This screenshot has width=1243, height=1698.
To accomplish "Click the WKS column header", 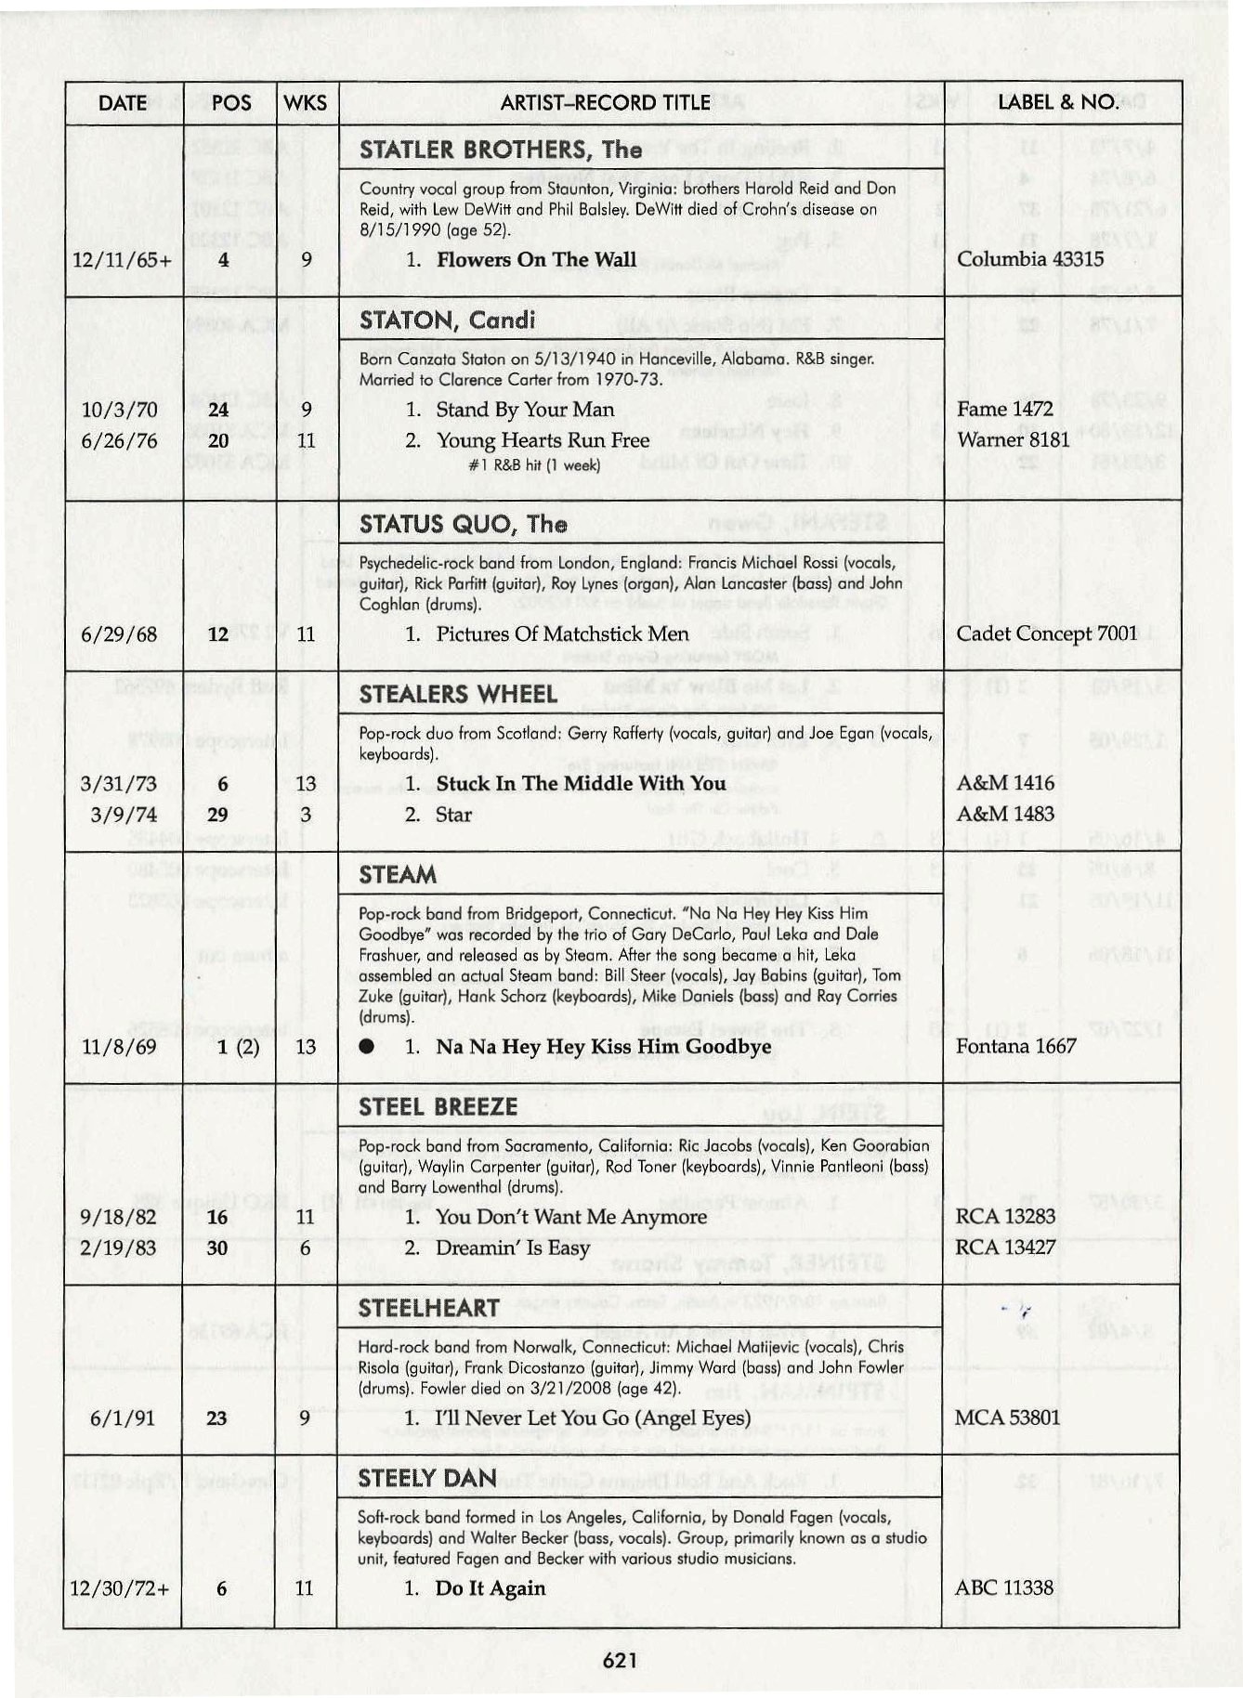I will pyautogui.click(x=306, y=103).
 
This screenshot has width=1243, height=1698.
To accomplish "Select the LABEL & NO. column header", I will pyautogui.click(x=1057, y=102).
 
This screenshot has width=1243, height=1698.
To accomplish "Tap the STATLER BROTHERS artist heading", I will pyautogui.click(x=500, y=150).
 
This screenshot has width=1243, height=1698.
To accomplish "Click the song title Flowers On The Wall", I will pyautogui.click(x=536, y=260).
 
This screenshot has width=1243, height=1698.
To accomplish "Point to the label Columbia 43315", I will pyautogui.click(x=1030, y=259).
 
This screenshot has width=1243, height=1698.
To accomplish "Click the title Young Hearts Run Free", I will pyautogui.click(x=543, y=440).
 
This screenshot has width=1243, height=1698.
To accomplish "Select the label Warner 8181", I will pyautogui.click(x=1014, y=439).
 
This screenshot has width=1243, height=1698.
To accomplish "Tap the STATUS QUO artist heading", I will pyautogui.click(x=463, y=524).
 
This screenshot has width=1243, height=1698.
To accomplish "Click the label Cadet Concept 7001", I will pyautogui.click(x=1047, y=633).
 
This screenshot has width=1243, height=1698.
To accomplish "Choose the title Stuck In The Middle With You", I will pyautogui.click(x=581, y=783).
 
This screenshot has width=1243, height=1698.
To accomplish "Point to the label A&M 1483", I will pyautogui.click(x=1005, y=814).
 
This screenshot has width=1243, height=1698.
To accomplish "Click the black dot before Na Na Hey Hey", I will pyautogui.click(x=367, y=1047).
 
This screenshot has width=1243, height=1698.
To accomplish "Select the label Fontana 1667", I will pyautogui.click(x=1015, y=1046).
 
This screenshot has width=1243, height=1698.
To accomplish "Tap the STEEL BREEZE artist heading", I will pyautogui.click(x=438, y=1106).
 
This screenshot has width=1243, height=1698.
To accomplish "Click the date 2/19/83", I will pyautogui.click(x=118, y=1247).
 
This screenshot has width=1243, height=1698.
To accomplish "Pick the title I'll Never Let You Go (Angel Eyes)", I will pyautogui.click(x=593, y=1417).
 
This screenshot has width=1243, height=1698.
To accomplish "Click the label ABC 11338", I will pyautogui.click(x=1004, y=1587).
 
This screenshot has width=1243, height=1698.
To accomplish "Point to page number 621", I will pyautogui.click(x=620, y=1660).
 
